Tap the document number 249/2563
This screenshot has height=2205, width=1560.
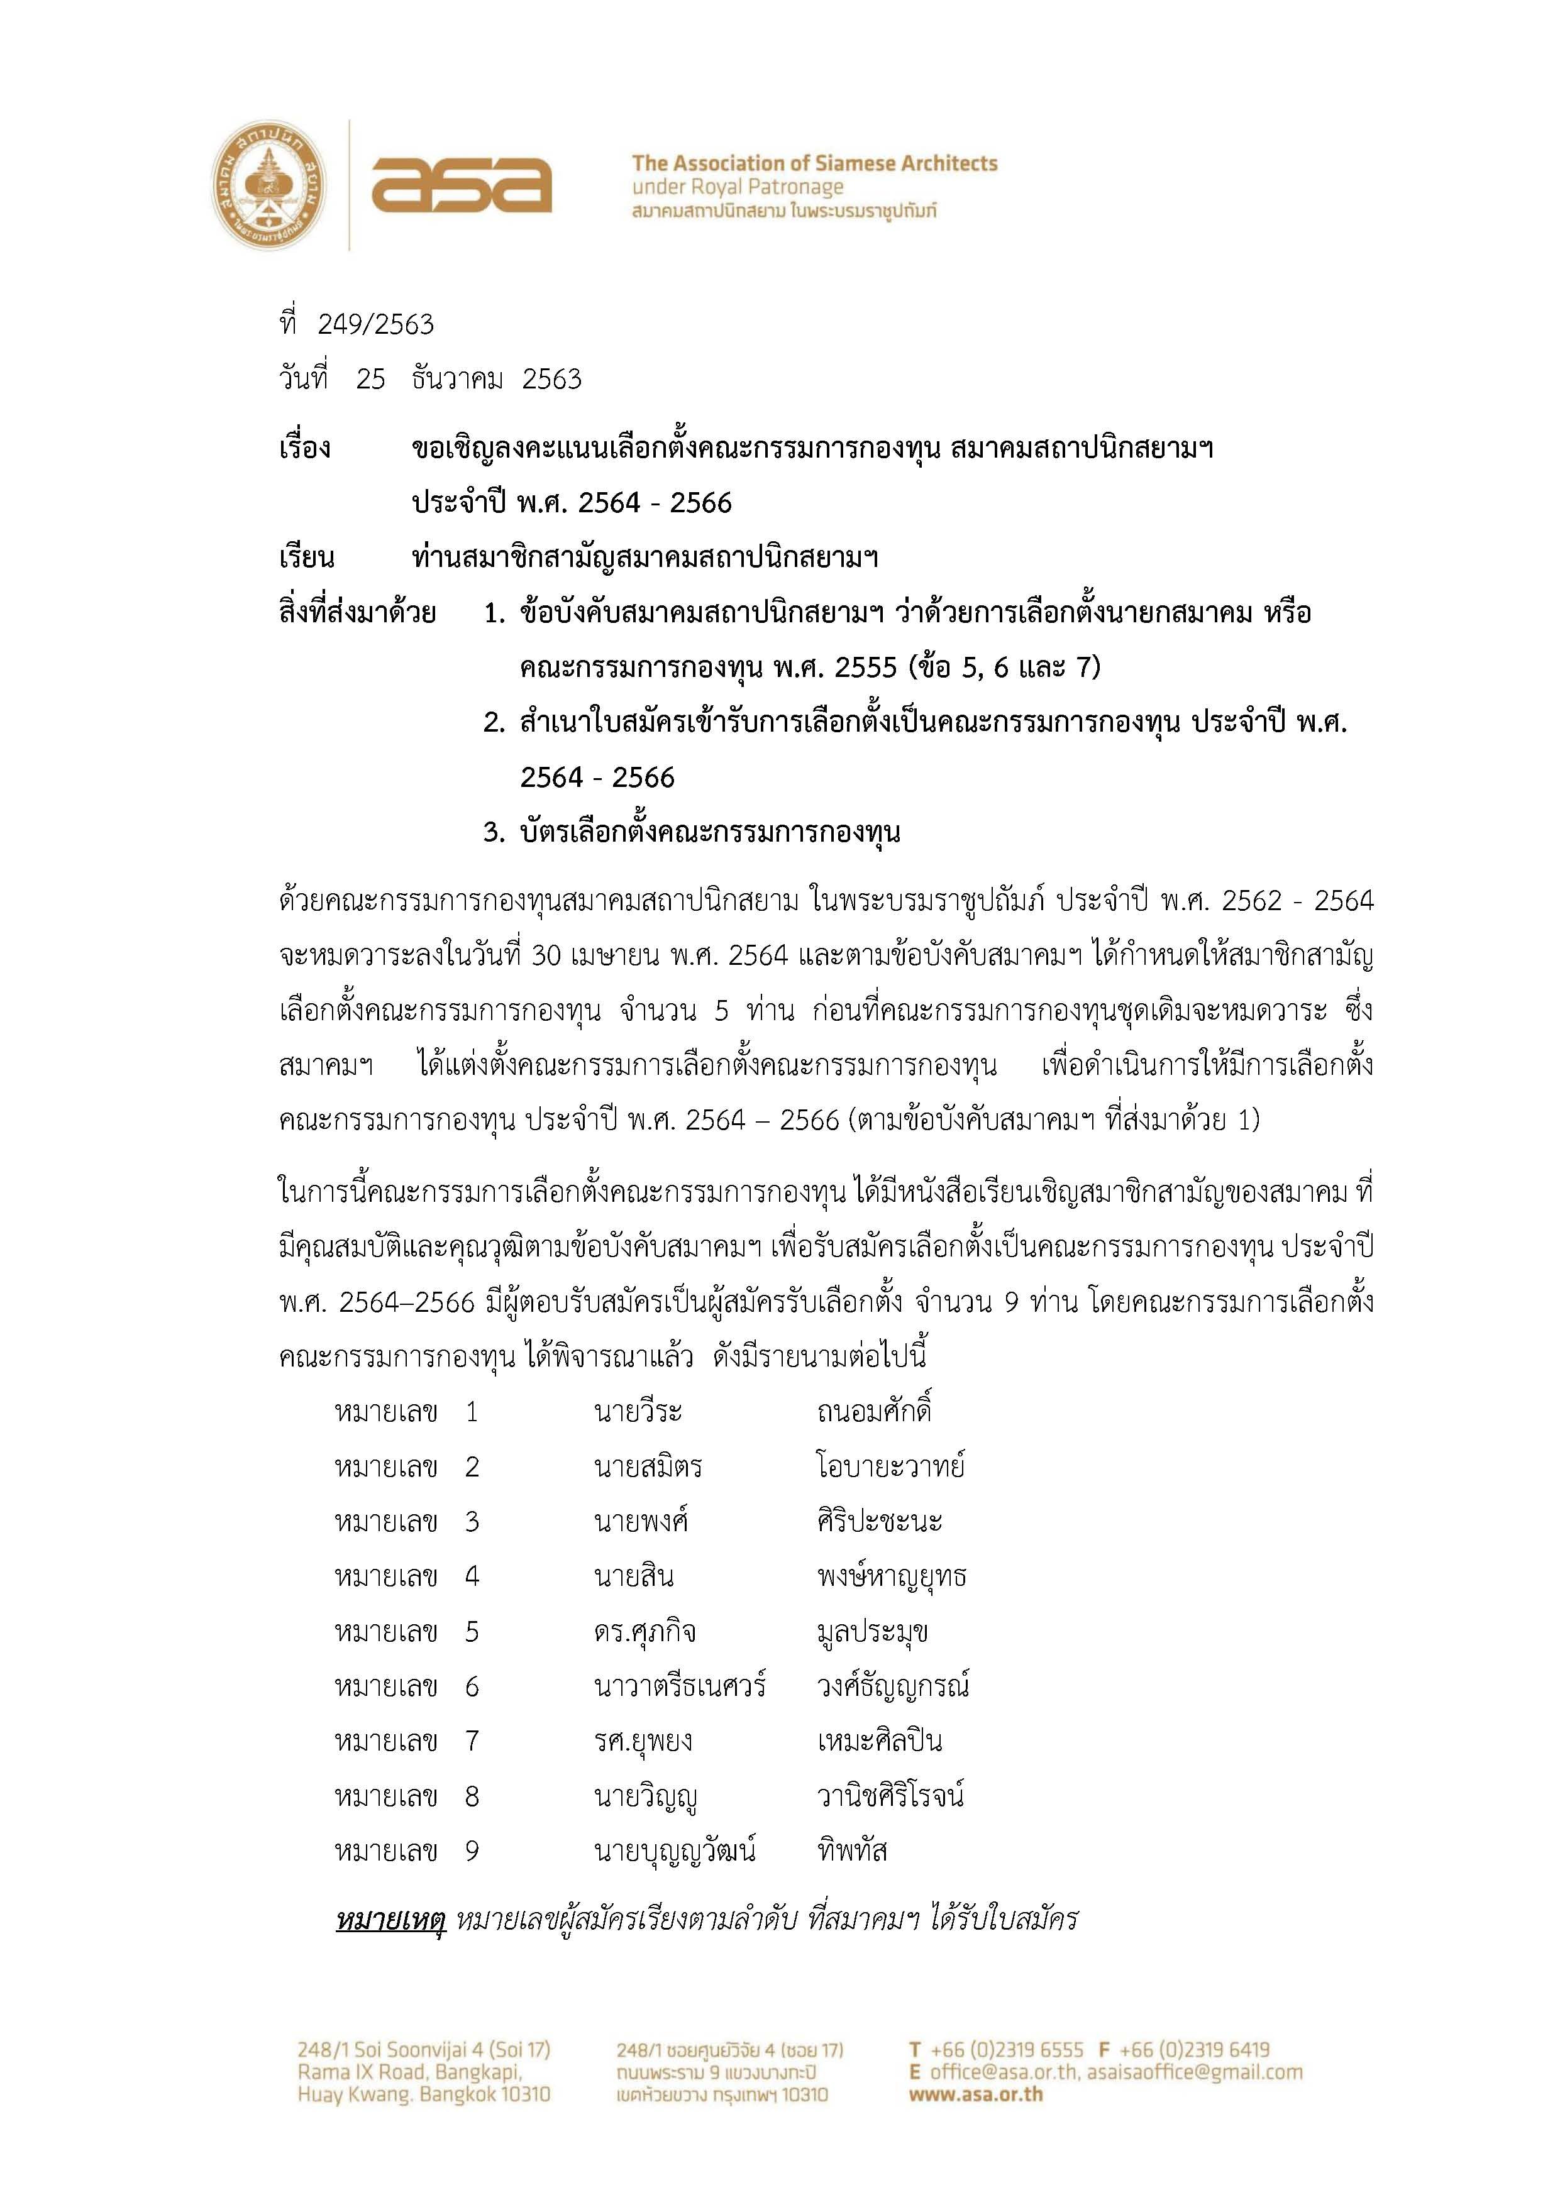pos(375,324)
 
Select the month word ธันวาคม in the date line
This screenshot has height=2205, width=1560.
pos(456,380)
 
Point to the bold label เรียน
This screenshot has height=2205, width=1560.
pos(306,557)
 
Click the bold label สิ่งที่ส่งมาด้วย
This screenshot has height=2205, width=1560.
pos(357,613)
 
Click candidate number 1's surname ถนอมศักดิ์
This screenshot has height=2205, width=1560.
pos(874,1412)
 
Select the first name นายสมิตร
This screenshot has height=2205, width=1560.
pos(648,1468)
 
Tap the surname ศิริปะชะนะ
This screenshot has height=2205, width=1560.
pos(879,1522)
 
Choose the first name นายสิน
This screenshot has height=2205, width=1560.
pos(633,1577)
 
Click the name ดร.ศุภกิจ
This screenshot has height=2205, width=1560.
pos(644,1632)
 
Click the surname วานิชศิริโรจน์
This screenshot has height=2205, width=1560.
pos(890,1796)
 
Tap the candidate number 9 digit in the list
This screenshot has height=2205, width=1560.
pos(472,1850)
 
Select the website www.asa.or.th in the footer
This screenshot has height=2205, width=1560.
pos(975,2094)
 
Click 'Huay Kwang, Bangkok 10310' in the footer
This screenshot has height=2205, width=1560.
pos(424,2094)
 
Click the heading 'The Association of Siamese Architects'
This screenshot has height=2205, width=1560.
pos(814,163)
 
